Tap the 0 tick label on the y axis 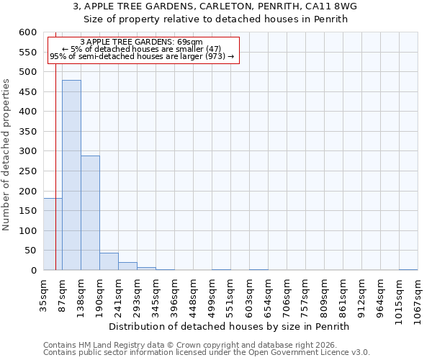33,271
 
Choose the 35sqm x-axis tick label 43,295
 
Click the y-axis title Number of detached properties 6,155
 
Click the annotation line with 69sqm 142,42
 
